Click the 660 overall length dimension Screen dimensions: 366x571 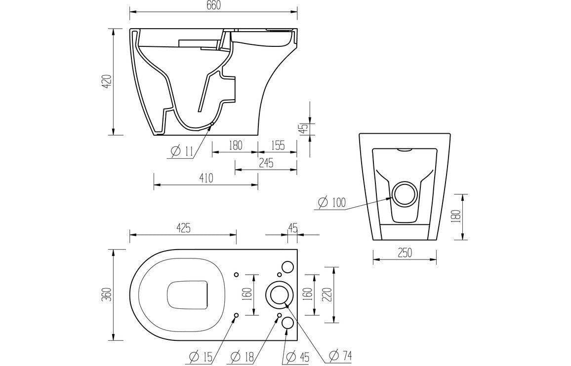[x=213, y=5]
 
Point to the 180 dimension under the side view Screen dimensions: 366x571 [x=235, y=145]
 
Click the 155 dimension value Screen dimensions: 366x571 [x=278, y=145]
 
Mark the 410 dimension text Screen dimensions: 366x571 [x=205, y=179]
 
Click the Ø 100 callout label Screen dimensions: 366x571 [x=332, y=202]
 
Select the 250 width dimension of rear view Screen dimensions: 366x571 [x=405, y=252]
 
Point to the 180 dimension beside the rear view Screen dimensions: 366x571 [x=457, y=216]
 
